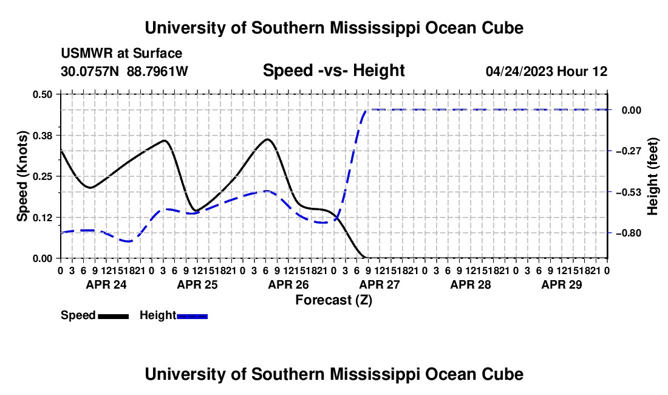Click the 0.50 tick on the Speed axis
(42, 94)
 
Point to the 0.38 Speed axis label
(42, 136)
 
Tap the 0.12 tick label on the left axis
(42, 218)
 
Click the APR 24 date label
(106, 284)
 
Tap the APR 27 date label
(380, 284)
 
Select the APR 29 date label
(562, 284)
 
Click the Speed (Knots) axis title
(22, 176)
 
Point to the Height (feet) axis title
(653, 176)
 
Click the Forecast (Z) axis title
(334, 300)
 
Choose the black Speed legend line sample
(114, 316)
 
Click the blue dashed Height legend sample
(192, 316)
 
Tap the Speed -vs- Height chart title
(334, 70)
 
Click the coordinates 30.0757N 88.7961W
(124, 71)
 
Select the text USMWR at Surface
(121, 53)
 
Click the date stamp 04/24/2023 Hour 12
(547, 71)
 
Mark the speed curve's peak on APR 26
(268, 139)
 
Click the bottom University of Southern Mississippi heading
(334, 374)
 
